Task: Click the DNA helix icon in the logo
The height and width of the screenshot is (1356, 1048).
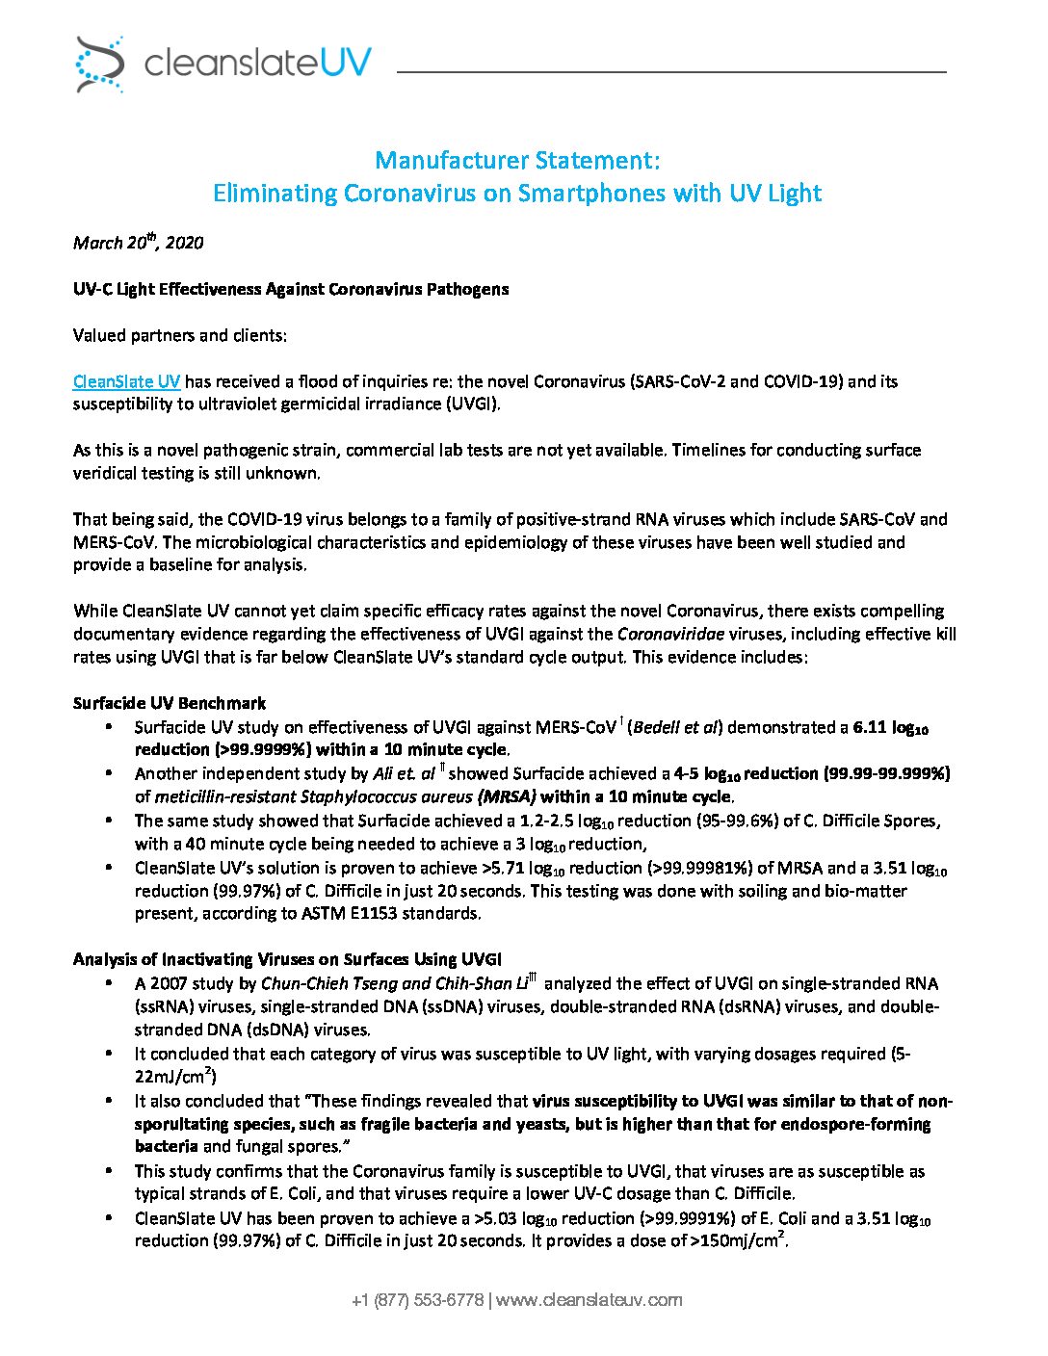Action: point(100,65)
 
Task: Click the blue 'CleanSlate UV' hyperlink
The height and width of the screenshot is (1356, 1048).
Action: point(126,381)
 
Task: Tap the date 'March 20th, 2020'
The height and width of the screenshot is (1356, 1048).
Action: point(138,243)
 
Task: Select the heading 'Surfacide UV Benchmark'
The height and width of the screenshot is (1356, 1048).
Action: point(170,703)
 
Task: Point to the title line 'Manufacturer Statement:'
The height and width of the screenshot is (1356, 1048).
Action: point(517,160)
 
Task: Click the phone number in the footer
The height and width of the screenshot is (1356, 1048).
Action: point(417,1300)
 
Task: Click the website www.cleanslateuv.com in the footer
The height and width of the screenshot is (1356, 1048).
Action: point(589,1300)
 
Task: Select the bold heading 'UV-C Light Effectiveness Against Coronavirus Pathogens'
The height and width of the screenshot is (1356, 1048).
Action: point(291,289)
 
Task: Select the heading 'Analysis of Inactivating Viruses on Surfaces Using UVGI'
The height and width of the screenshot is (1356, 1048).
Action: point(287,959)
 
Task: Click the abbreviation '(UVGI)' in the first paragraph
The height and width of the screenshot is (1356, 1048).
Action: point(471,404)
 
